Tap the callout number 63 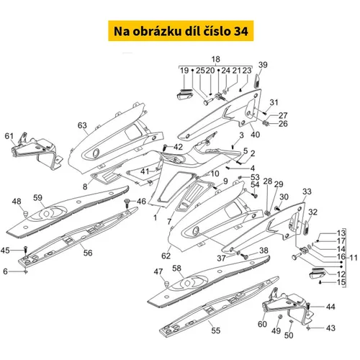82,125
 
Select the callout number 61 9,136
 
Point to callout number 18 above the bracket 215,59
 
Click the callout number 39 263,65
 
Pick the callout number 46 141,201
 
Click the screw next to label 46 127,203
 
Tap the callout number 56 88,253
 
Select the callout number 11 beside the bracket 354,258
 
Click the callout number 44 330,307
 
